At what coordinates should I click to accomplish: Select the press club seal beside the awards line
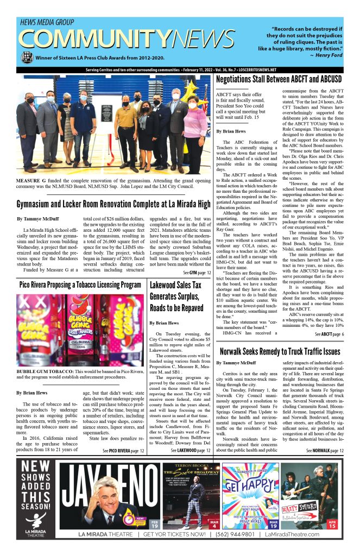(26, 57)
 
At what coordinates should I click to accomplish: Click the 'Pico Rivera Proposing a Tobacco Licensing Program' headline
(80, 285)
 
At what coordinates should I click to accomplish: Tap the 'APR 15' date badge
(331, 525)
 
